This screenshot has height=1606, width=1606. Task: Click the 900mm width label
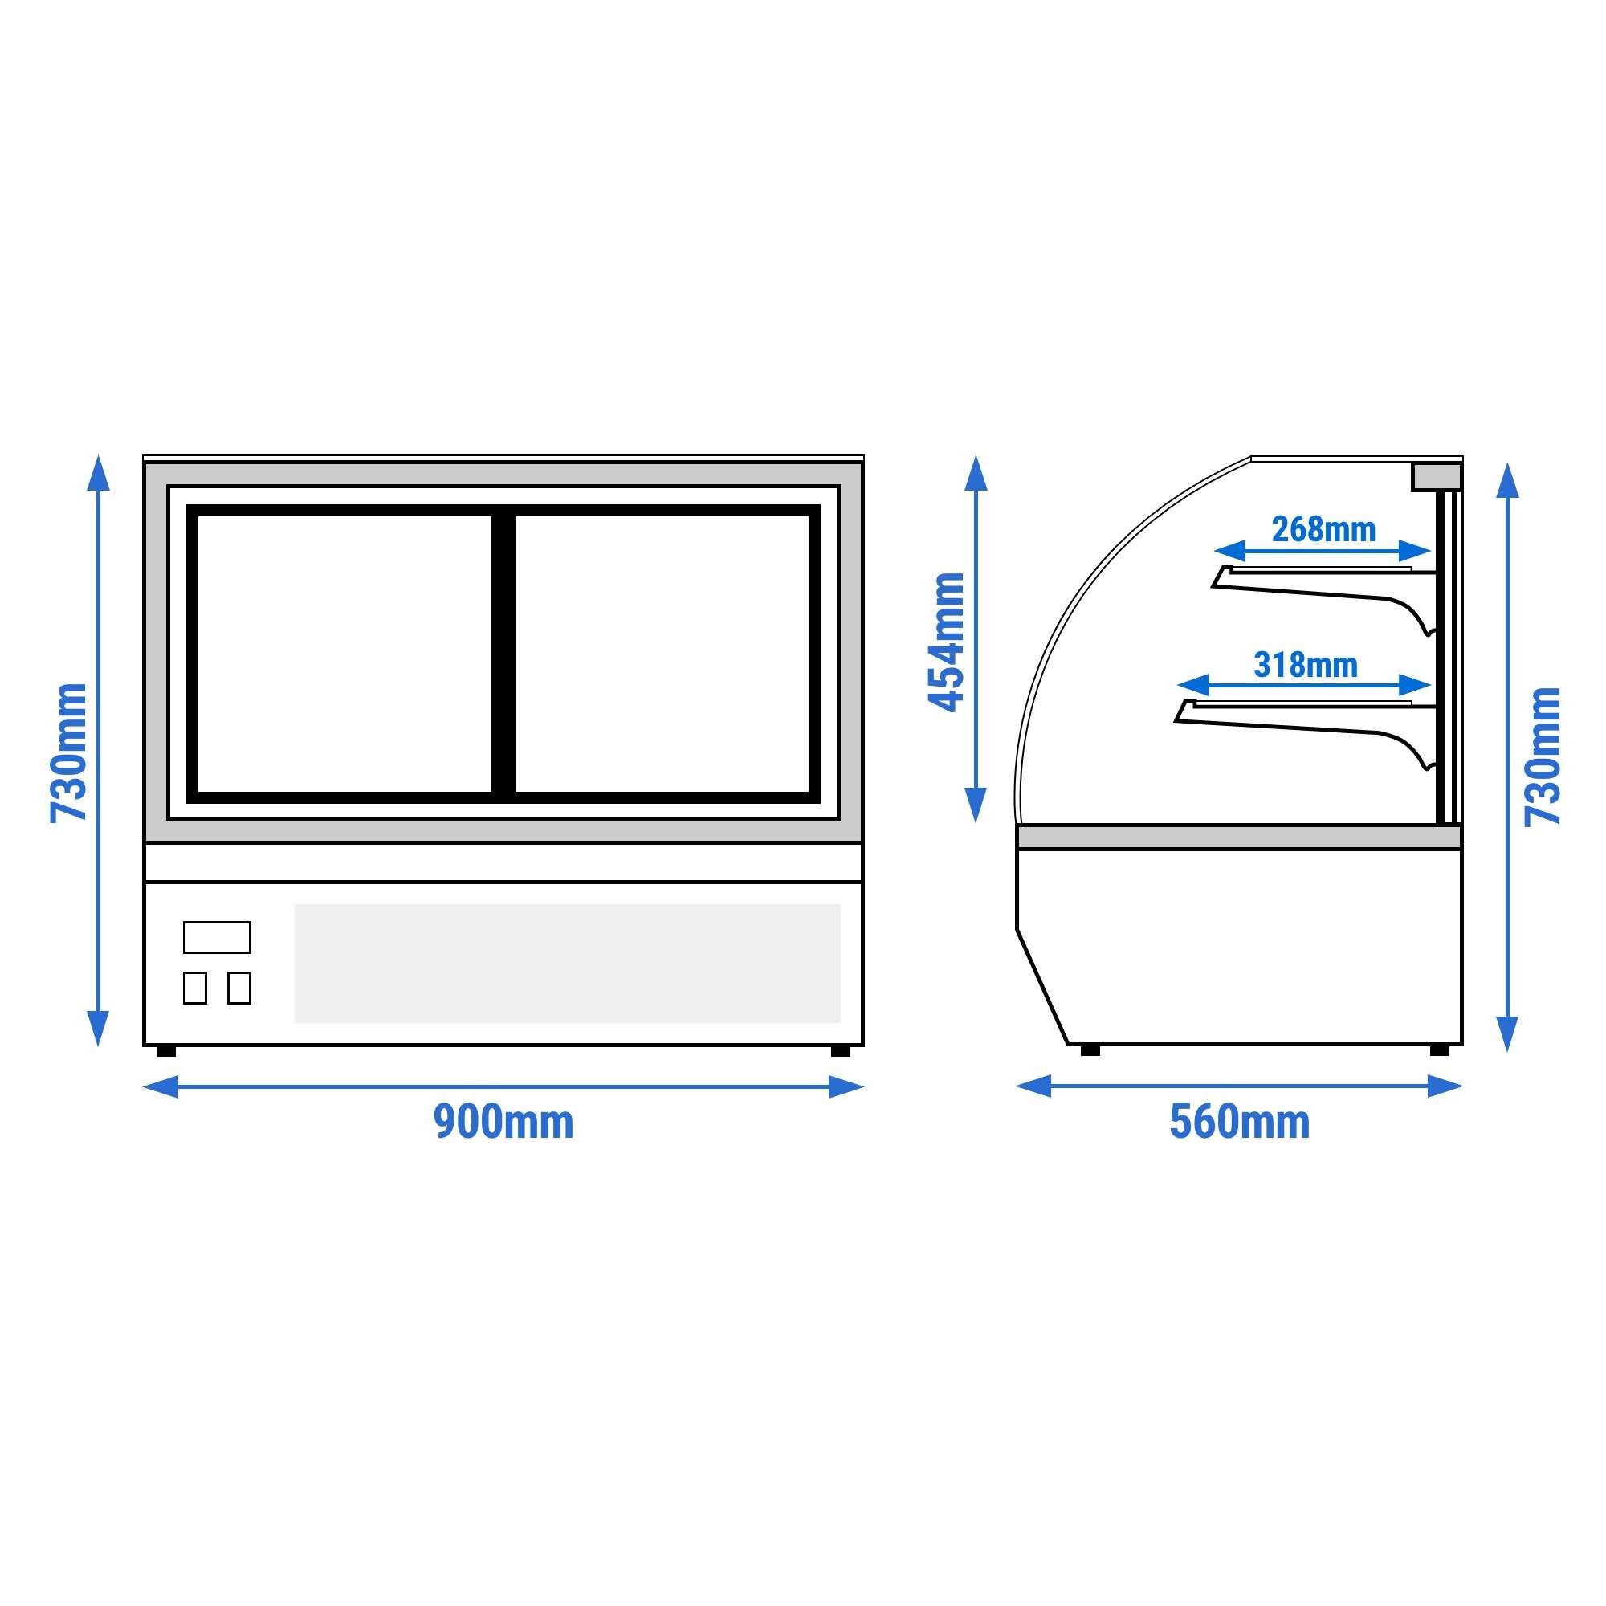pyautogui.click(x=503, y=1123)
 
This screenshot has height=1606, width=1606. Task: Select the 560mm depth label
pyautogui.click(x=1239, y=1123)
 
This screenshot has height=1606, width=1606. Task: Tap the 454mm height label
pyautogui.click(x=945, y=642)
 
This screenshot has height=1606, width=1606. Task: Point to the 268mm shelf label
pyautogui.click(x=1323, y=529)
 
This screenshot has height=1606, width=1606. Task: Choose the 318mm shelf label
pyautogui.click(x=1305, y=665)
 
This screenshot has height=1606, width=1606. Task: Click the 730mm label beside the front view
pyautogui.click(x=69, y=752)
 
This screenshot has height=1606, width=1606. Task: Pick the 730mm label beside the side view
pyautogui.click(x=1542, y=756)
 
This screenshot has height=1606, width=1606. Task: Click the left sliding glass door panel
pyautogui.click(x=344, y=654)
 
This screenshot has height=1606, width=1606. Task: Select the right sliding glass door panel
pyautogui.click(x=662, y=654)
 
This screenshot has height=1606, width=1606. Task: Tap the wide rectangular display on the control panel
pyautogui.click(x=217, y=937)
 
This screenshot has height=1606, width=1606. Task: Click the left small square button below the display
pyautogui.click(x=194, y=988)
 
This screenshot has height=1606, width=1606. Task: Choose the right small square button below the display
pyautogui.click(x=239, y=988)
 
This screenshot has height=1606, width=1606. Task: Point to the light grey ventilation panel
pyautogui.click(x=567, y=963)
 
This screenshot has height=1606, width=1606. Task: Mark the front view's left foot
pyautogui.click(x=166, y=1050)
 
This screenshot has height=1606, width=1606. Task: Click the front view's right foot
pyautogui.click(x=841, y=1050)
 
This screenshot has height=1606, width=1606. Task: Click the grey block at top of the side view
pyautogui.click(x=1437, y=475)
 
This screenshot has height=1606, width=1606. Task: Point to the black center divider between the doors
pyautogui.click(x=503, y=654)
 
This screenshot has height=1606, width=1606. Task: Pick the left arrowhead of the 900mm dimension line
pyautogui.click(x=161, y=1086)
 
